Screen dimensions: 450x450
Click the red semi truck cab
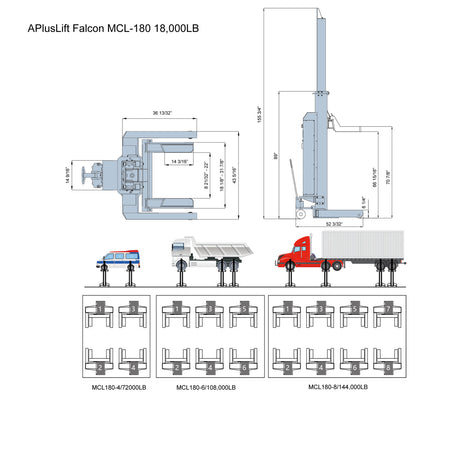[299, 256]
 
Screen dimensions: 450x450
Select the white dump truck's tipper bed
[221, 248]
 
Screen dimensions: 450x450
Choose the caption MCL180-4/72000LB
[118, 386]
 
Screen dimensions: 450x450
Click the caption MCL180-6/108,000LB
[206, 386]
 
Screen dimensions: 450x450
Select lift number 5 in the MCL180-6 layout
[241, 310]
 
